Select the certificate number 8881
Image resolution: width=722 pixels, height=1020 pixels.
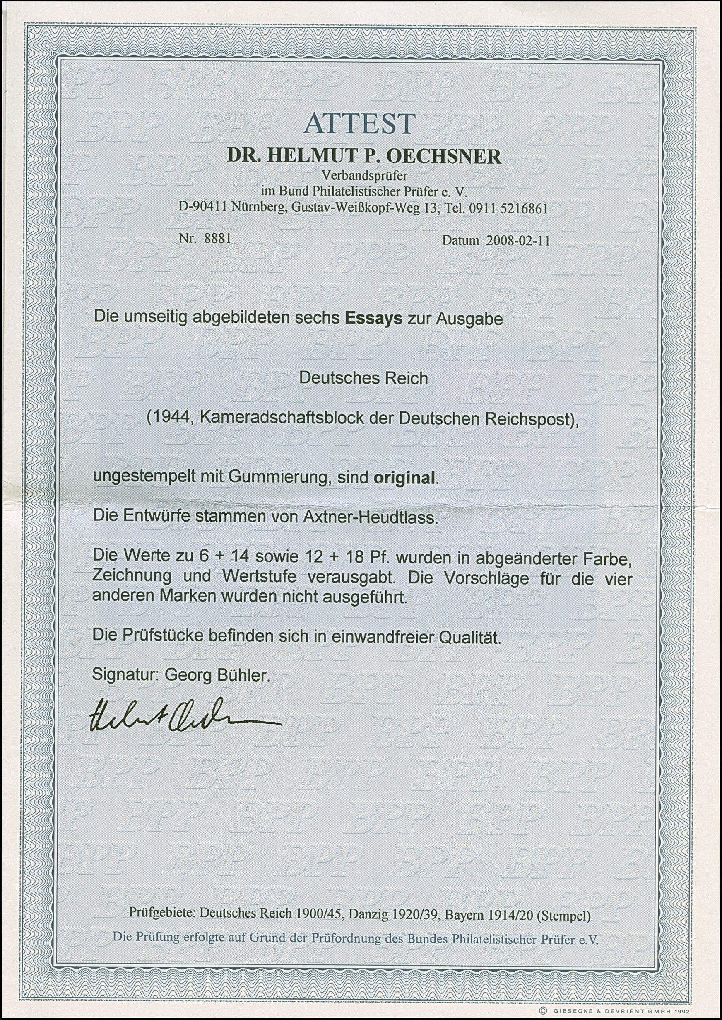(x=217, y=239)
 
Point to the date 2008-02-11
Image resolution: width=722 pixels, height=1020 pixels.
(x=518, y=241)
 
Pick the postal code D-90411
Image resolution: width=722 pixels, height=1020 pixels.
(x=203, y=208)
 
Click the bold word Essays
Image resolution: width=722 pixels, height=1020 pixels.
(x=374, y=319)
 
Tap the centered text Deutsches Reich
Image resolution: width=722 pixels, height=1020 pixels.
(x=363, y=378)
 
